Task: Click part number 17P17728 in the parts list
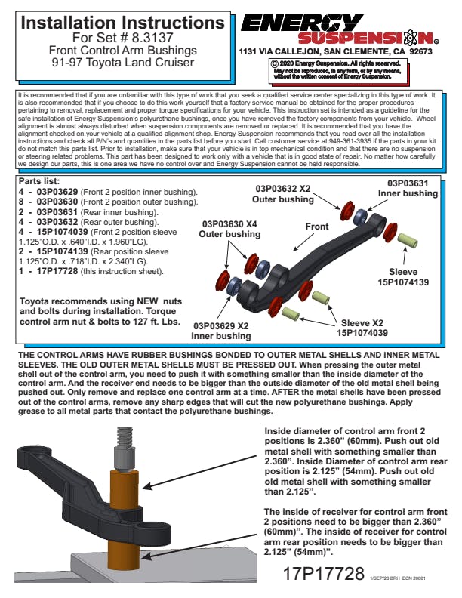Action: (x=59, y=270)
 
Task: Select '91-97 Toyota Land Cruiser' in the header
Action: (x=122, y=63)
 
